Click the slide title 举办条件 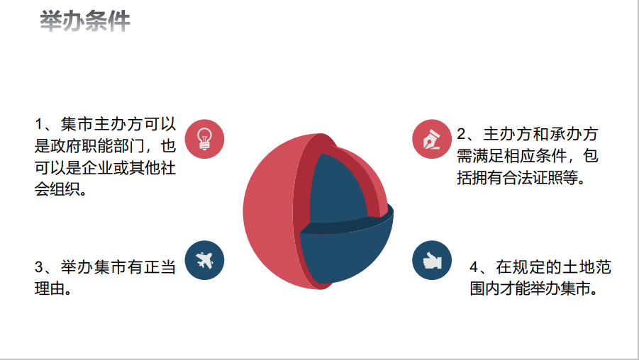85,21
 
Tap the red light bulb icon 204,139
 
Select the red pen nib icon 432,139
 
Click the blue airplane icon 204,260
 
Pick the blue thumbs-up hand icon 432,260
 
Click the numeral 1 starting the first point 39,125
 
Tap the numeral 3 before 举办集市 39,268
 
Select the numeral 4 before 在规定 474,268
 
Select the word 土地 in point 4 578,268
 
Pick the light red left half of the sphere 269,212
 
